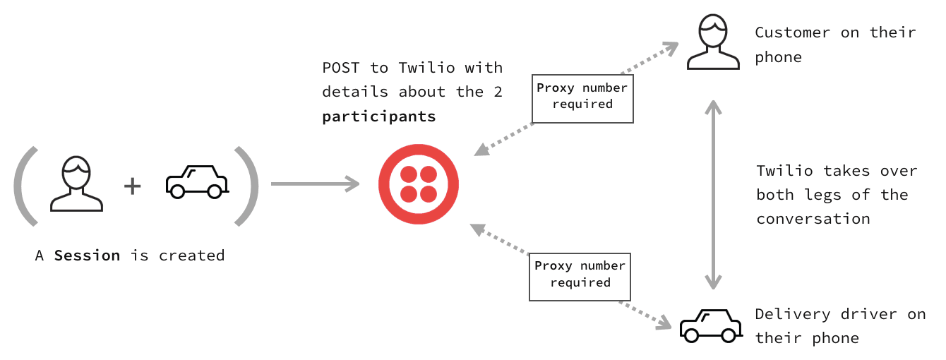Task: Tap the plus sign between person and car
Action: tap(132, 186)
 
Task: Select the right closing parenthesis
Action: tap(248, 186)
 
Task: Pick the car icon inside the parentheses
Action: tap(197, 181)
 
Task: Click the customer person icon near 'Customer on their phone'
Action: tap(712, 43)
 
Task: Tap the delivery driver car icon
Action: tap(710, 325)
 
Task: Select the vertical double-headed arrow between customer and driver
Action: tap(714, 194)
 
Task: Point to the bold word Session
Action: tap(87, 256)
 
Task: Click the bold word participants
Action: tap(378, 116)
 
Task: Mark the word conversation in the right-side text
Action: tap(813, 219)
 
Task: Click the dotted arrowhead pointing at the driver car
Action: tap(663, 323)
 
